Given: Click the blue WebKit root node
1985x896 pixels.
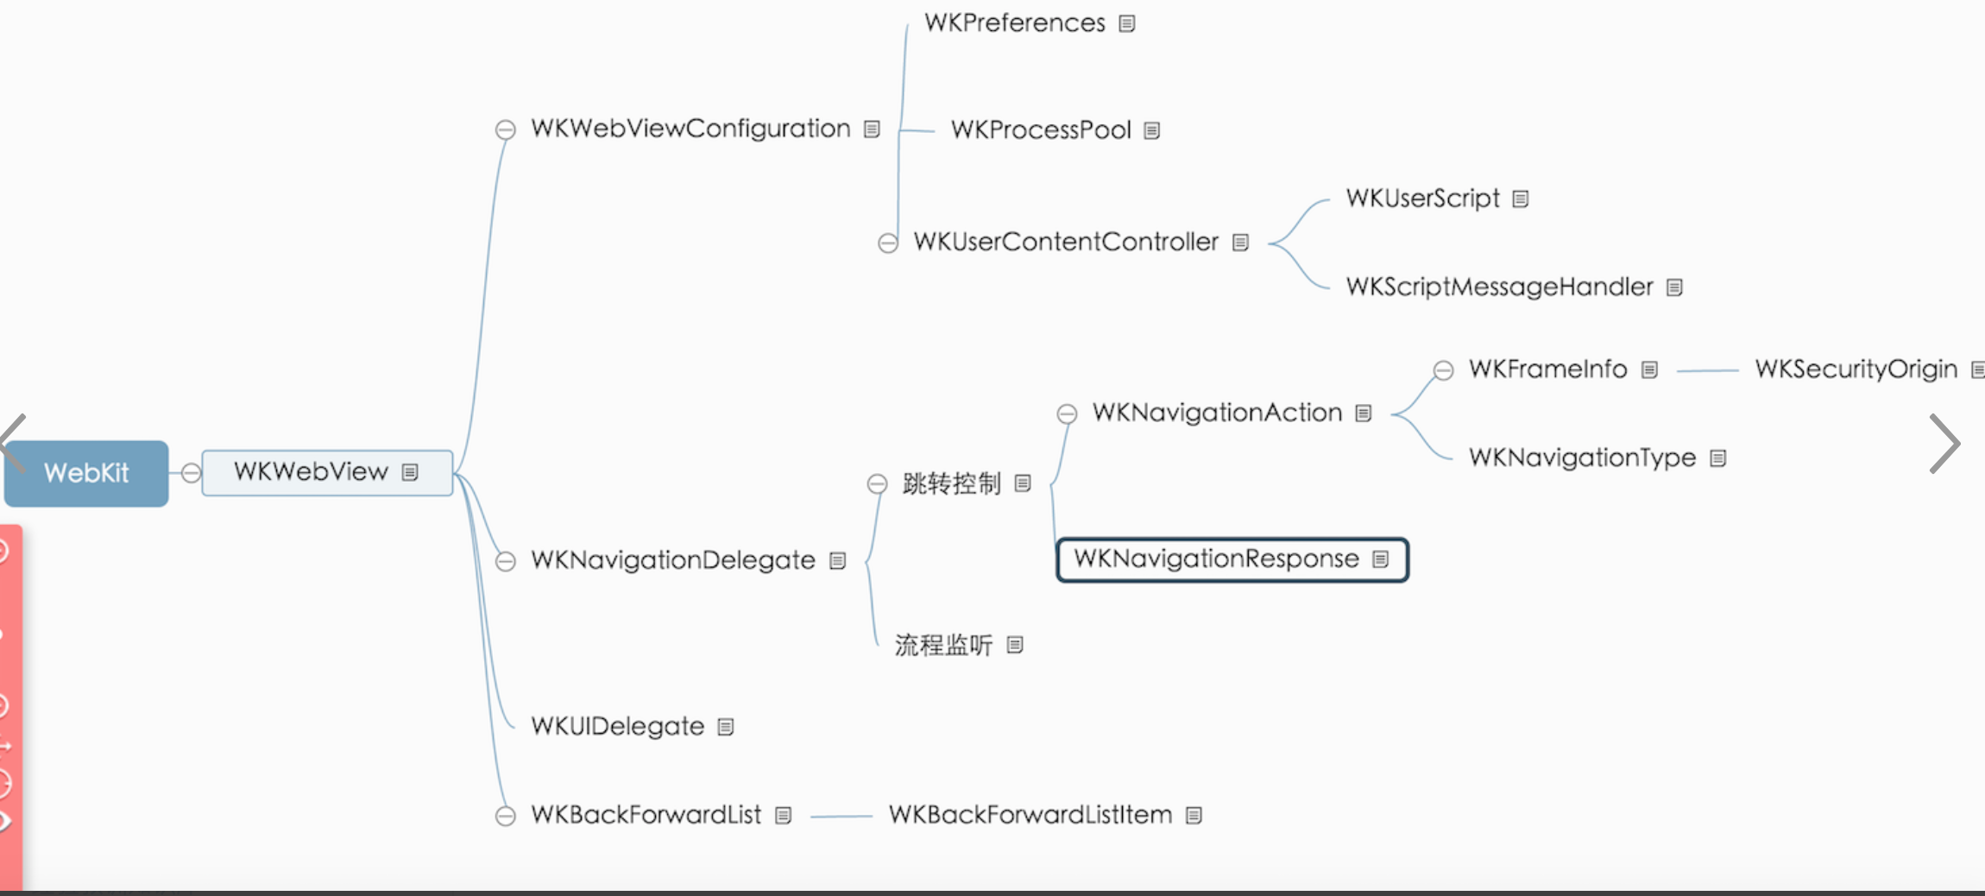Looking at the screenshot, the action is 86,473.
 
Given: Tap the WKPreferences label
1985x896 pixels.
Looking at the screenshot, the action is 1014,22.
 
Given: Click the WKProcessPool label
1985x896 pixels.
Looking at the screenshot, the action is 1040,129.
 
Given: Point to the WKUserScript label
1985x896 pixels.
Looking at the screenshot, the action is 1422,199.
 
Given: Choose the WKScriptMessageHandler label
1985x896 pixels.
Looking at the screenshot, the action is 1499,287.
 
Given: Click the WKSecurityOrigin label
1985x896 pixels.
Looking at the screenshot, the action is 1856,369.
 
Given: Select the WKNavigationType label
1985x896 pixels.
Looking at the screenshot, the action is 1582,457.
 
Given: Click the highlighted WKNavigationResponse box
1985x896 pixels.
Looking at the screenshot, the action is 1232,559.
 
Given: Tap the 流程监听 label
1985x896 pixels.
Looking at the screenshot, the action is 943,645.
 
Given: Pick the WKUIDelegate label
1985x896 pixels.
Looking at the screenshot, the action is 617,726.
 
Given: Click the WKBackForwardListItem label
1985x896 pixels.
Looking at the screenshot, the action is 1030,815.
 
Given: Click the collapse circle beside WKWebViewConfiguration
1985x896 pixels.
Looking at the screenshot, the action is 506,129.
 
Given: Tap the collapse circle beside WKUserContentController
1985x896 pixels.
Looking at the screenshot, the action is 888,243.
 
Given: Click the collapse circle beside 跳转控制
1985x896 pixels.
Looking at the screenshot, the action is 877,483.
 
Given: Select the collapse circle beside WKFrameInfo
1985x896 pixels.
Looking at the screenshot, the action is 1443,370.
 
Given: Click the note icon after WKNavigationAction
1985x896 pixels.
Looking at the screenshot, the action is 1364,413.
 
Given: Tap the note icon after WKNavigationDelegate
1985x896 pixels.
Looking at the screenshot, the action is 837,561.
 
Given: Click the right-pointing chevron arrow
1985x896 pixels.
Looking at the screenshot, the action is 1945,444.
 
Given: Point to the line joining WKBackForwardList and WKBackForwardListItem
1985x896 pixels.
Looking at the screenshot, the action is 841,816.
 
